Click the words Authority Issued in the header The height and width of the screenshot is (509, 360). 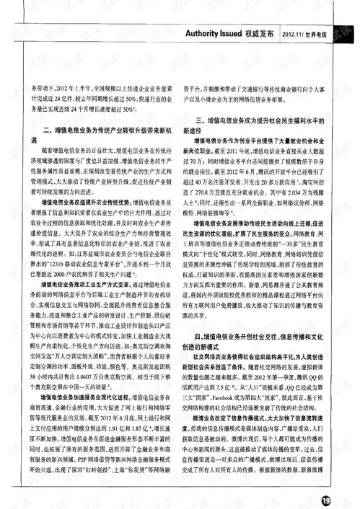click(216, 33)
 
